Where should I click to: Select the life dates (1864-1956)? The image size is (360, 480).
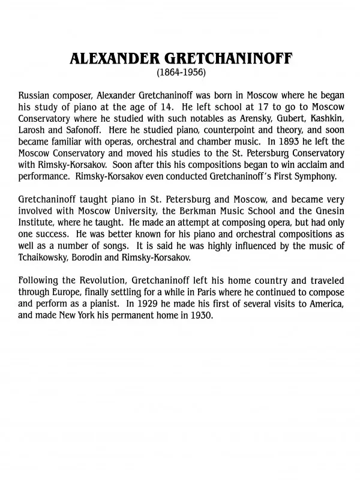click(x=180, y=73)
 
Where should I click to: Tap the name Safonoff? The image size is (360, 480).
click(x=83, y=130)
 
